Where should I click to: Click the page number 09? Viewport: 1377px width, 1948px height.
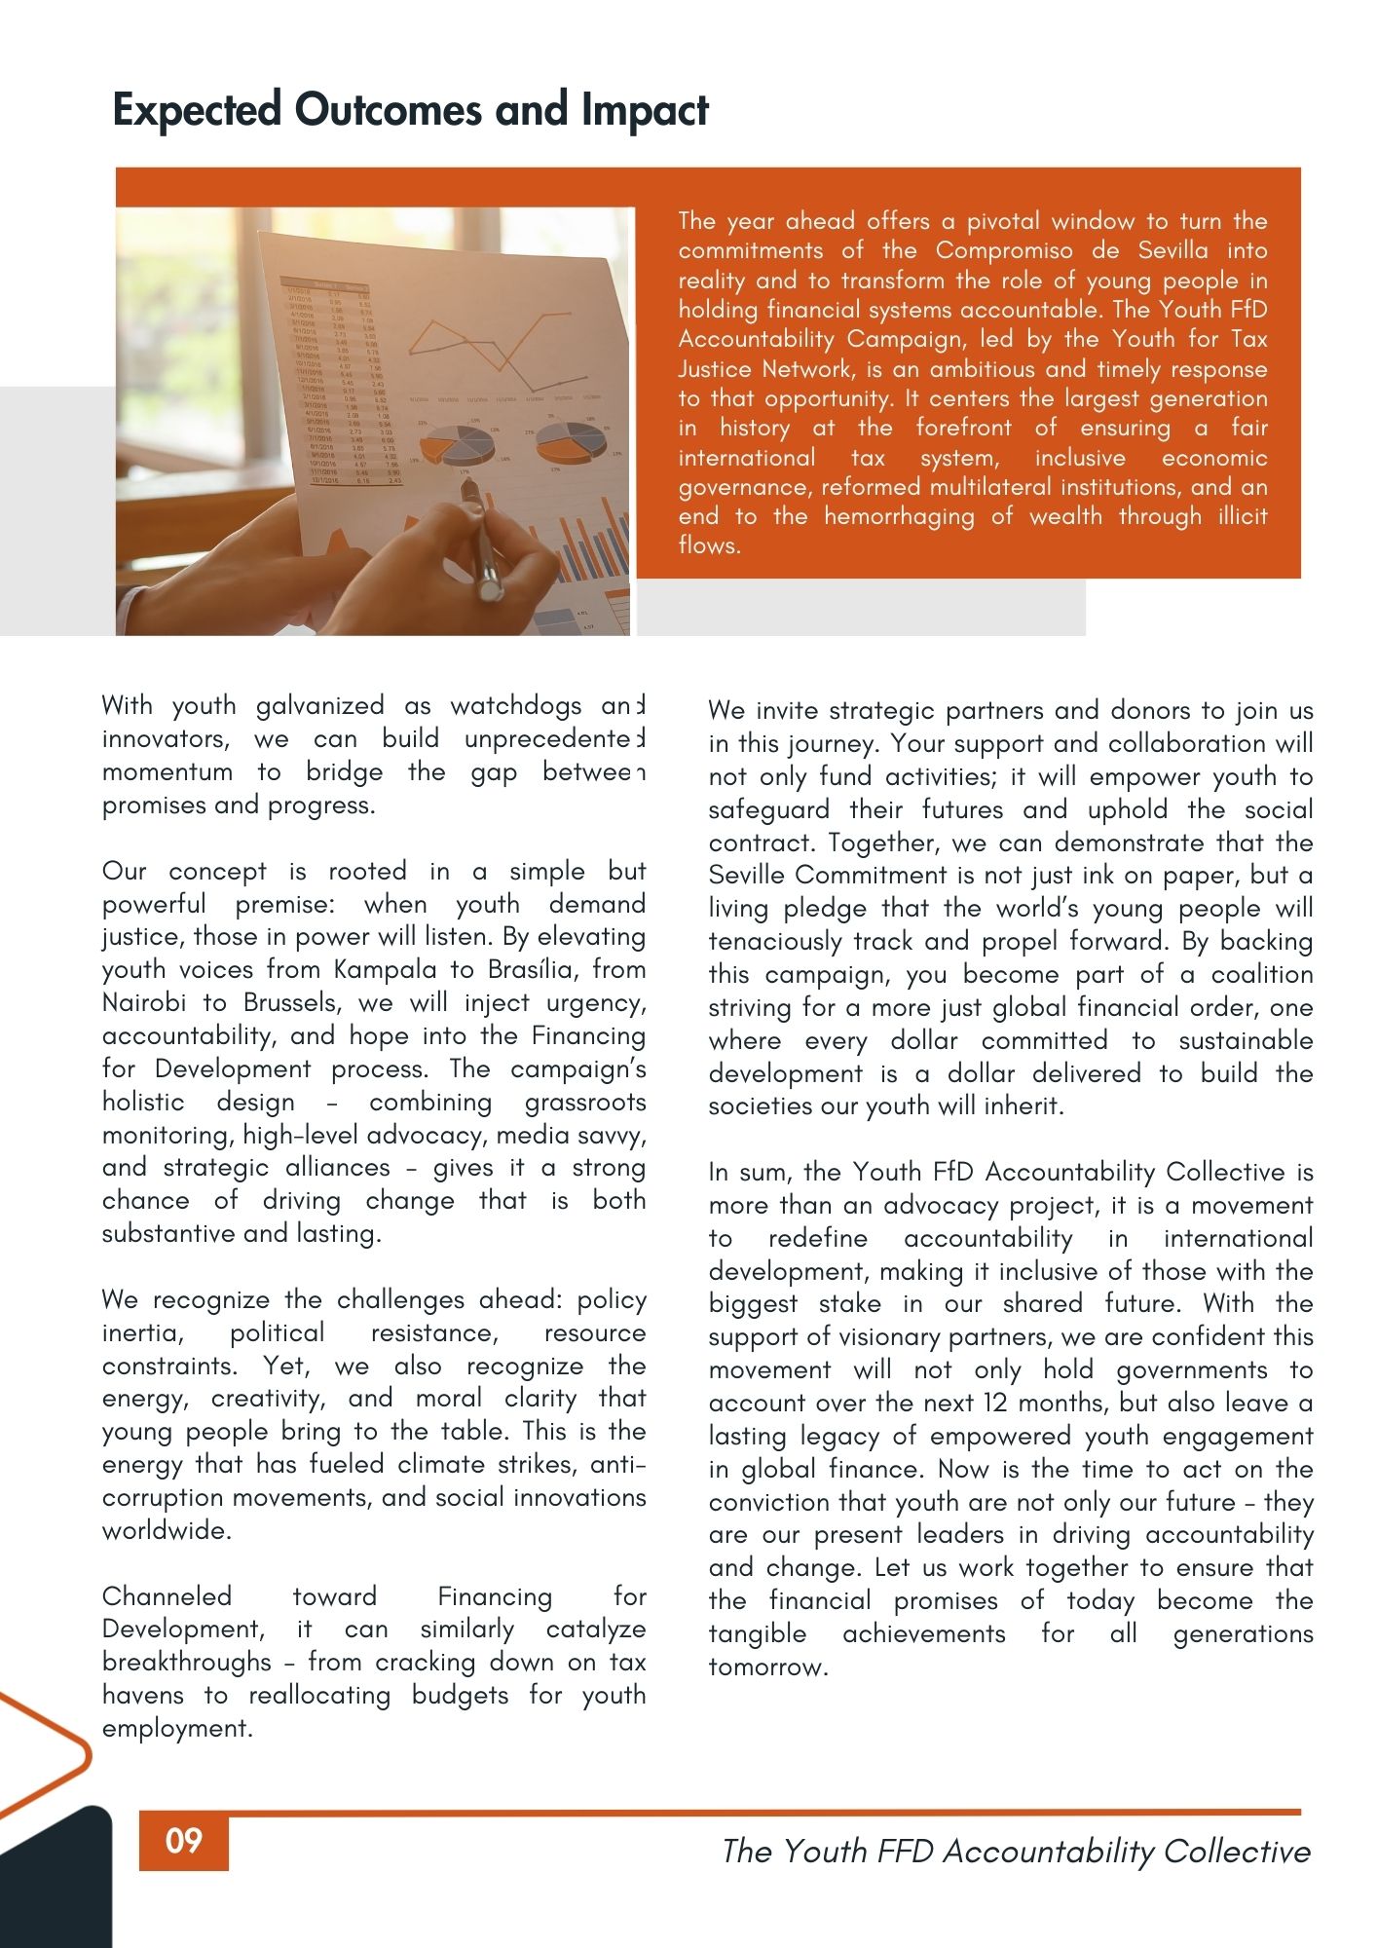[184, 1840]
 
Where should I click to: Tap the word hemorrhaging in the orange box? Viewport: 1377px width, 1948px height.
[899, 516]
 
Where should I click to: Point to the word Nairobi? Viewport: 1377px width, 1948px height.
[144, 1003]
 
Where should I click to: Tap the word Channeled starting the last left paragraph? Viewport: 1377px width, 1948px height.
[167, 1596]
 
